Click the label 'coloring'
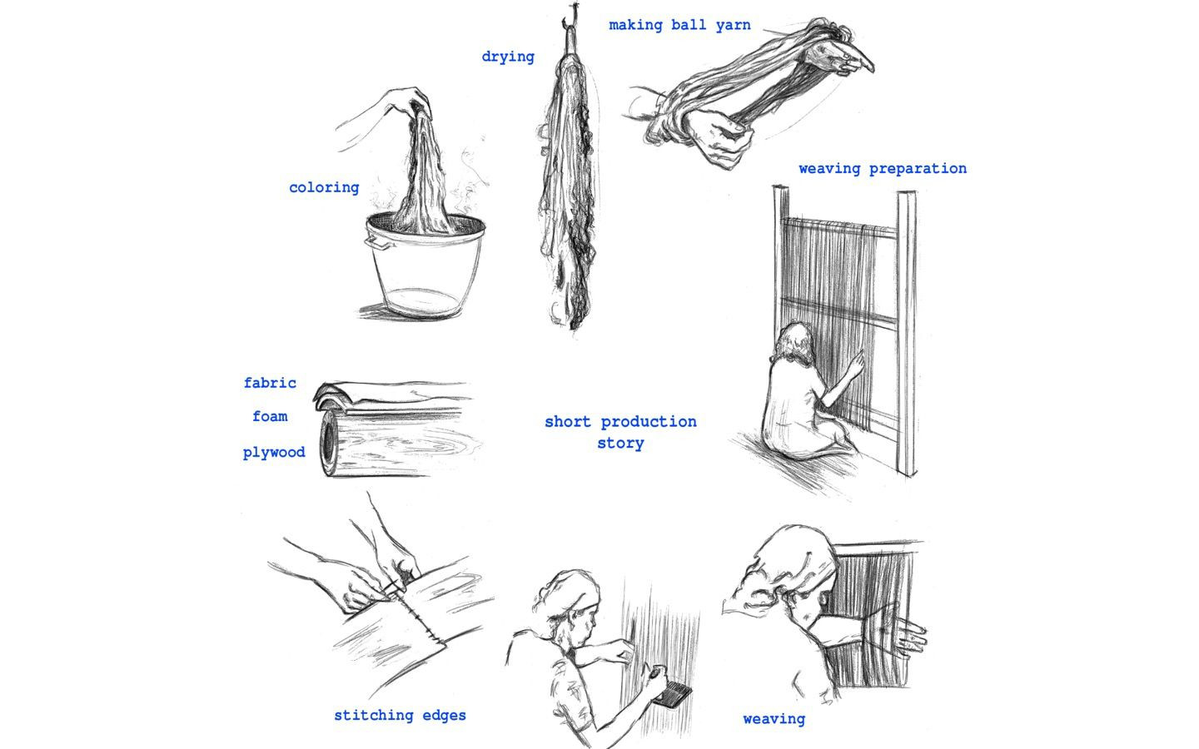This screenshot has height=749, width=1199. click(324, 187)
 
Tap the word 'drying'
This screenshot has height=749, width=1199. click(508, 57)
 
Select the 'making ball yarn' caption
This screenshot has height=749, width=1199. click(679, 25)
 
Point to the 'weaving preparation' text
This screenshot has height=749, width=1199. click(883, 168)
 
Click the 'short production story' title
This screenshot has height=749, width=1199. click(621, 432)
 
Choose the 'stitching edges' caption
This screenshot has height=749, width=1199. click(400, 716)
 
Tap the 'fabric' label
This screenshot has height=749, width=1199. click(270, 383)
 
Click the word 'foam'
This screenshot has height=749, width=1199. click(270, 416)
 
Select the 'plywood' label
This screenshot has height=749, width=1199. click(274, 453)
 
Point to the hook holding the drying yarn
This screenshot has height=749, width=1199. click(570, 18)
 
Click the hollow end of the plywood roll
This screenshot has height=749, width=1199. click(329, 444)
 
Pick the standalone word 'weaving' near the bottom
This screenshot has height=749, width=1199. click(774, 719)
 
